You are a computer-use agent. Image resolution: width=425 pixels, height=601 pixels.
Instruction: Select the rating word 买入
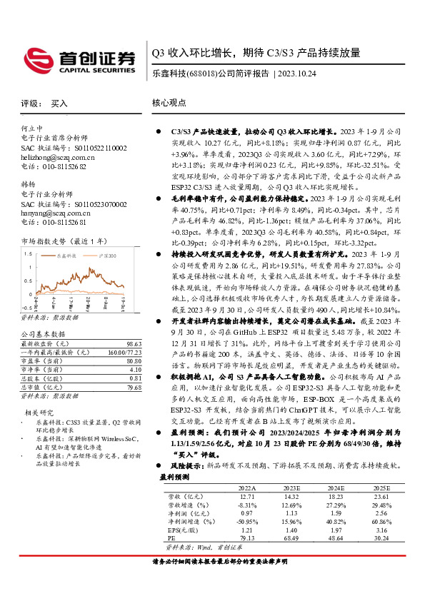click(x=59, y=103)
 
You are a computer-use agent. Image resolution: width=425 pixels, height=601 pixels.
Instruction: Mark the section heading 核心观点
click(x=169, y=103)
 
